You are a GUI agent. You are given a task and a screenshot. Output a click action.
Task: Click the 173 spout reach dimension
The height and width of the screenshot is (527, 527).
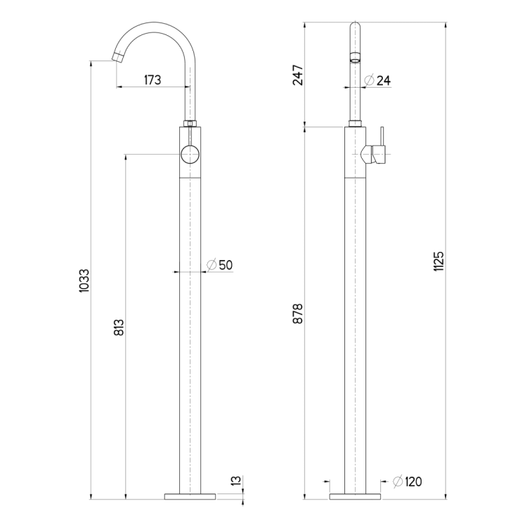(x=152, y=80)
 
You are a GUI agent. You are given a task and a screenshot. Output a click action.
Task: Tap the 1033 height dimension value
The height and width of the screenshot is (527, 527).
(x=84, y=280)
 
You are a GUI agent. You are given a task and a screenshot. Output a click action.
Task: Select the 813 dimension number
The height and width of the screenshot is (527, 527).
(x=119, y=327)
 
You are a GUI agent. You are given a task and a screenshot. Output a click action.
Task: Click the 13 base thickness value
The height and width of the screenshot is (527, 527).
(x=237, y=481)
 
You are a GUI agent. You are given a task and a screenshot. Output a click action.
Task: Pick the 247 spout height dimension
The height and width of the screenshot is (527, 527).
(x=298, y=75)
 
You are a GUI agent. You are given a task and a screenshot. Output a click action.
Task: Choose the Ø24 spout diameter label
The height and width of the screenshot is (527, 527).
(x=377, y=80)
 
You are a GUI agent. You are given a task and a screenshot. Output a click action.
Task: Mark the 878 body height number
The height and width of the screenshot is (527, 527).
(x=298, y=313)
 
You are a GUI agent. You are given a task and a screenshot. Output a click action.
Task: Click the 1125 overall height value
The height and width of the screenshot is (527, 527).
(x=438, y=261)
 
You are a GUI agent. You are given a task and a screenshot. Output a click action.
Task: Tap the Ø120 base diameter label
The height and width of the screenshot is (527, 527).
(x=408, y=481)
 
